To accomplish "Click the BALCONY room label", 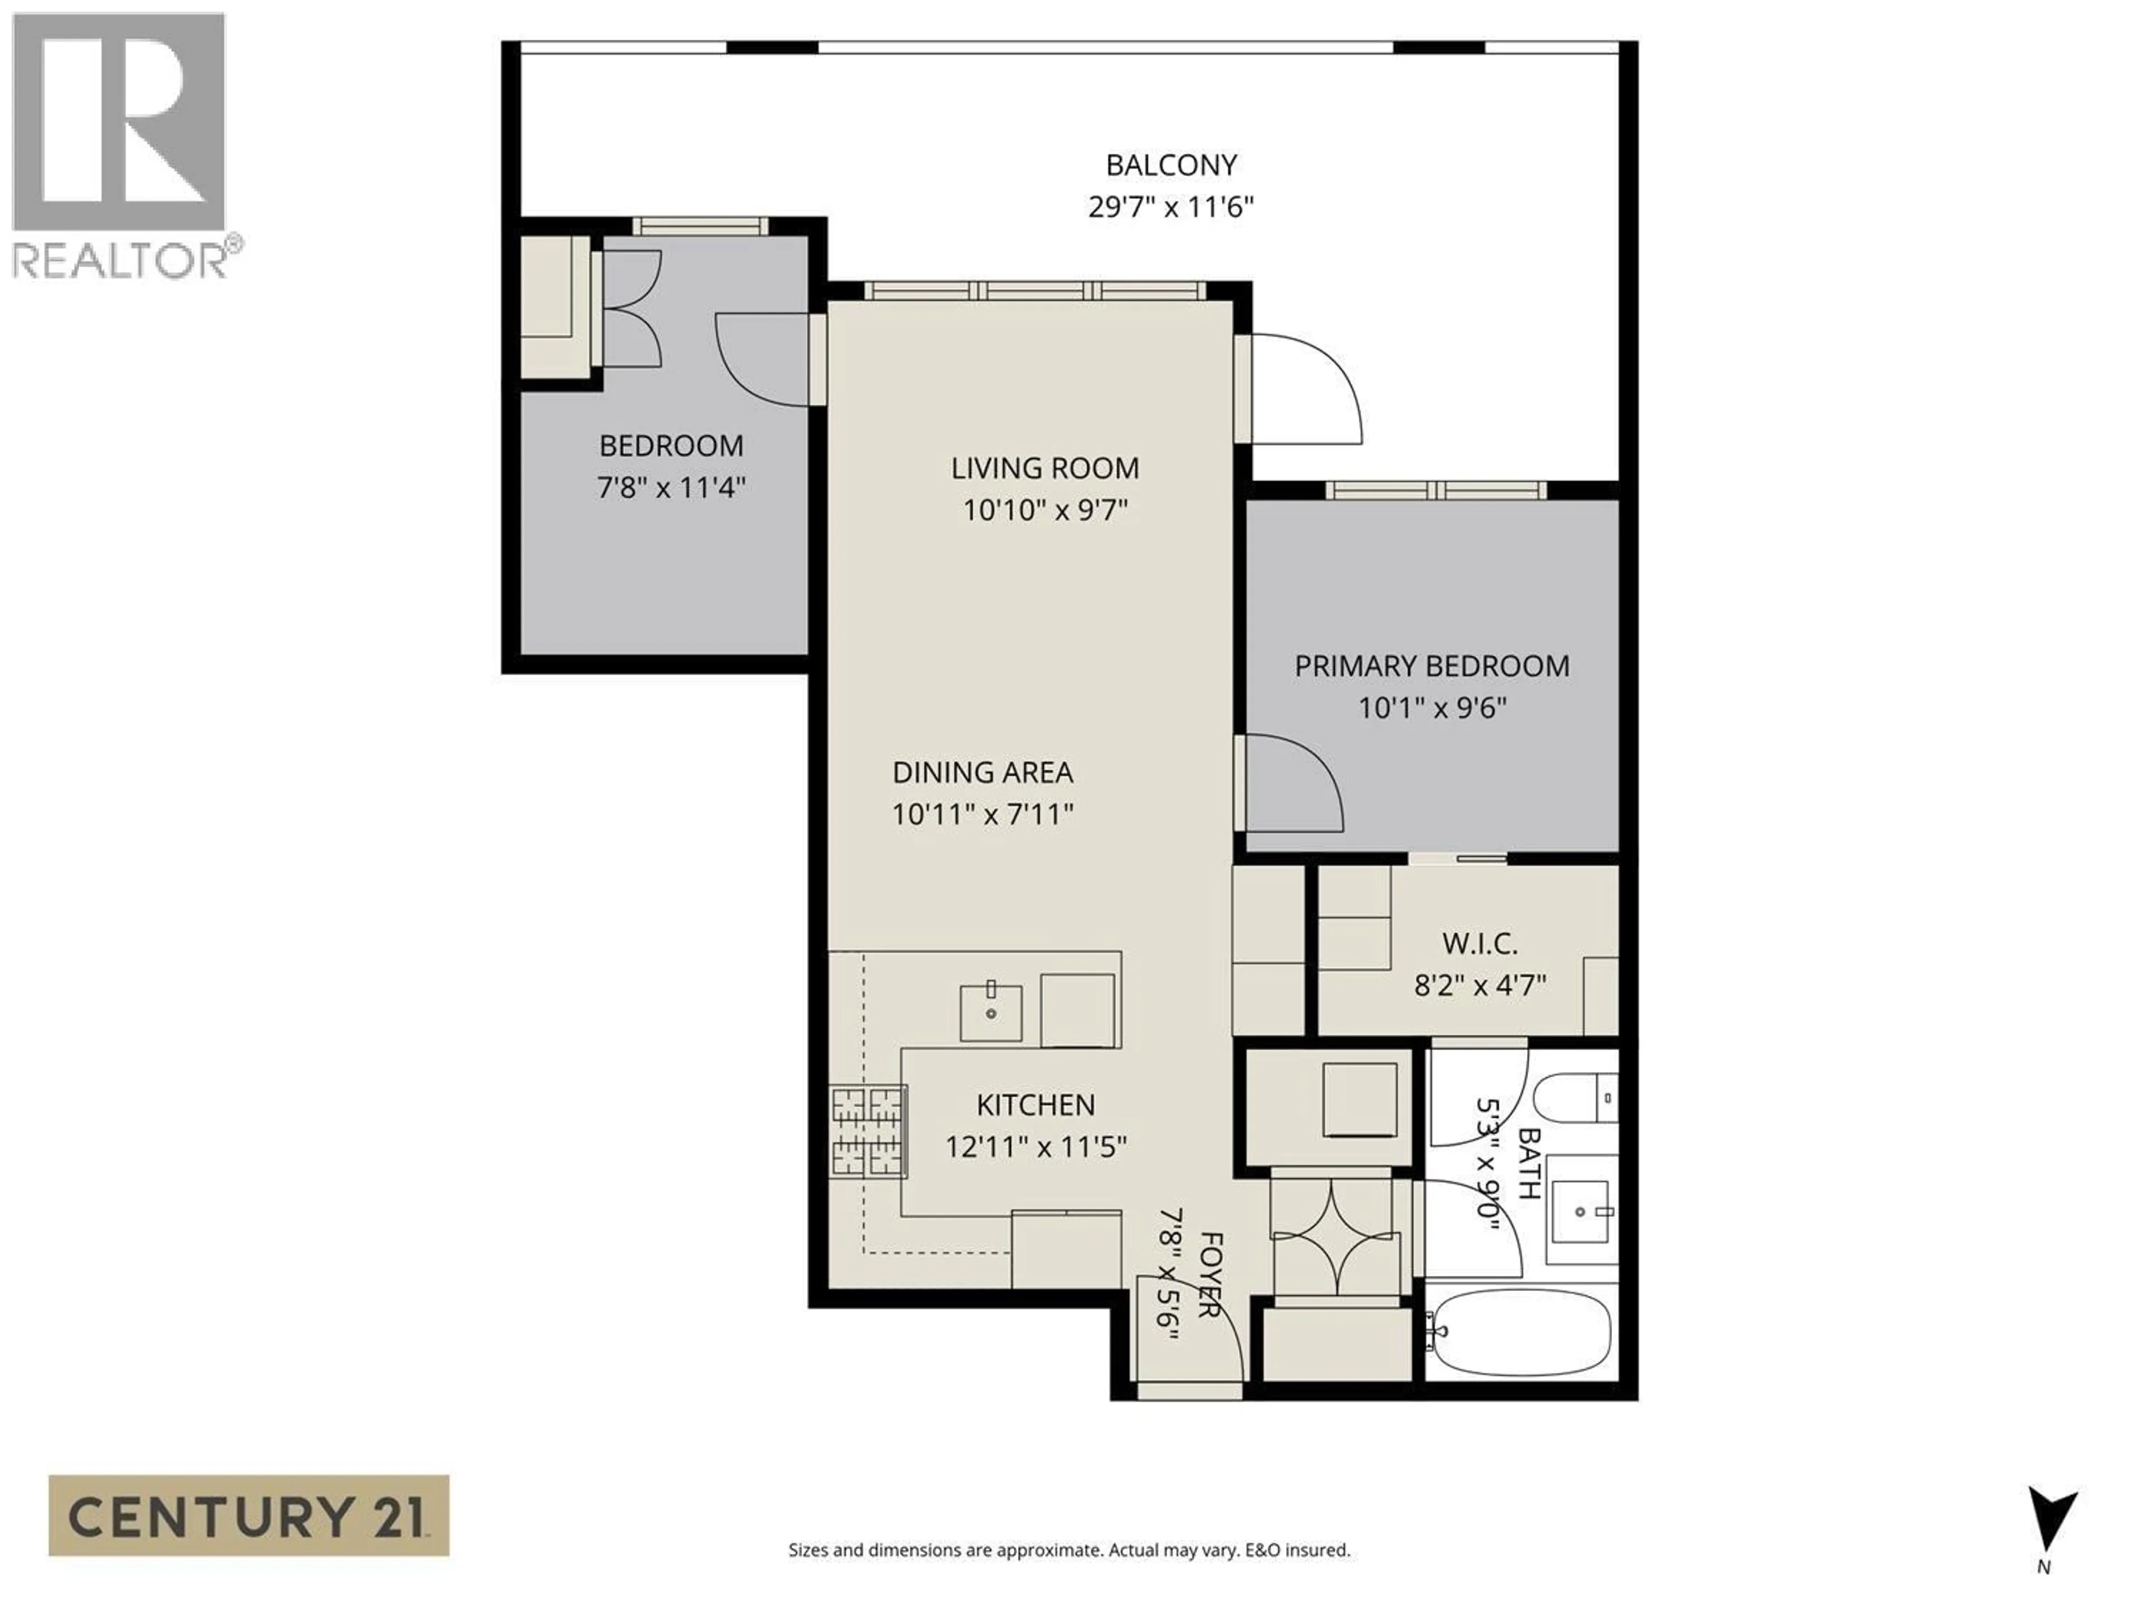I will tap(1170, 165).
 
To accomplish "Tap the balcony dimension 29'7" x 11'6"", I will tap(1170, 208).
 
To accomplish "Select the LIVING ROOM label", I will tap(1044, 468).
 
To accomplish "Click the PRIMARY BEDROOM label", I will tap(1431, 666).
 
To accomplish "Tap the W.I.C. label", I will tap(1479, 943).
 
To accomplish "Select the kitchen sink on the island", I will tap(990, 1013).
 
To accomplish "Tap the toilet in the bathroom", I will tap(1576, 1097).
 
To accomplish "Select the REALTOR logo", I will tap(119, 145).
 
